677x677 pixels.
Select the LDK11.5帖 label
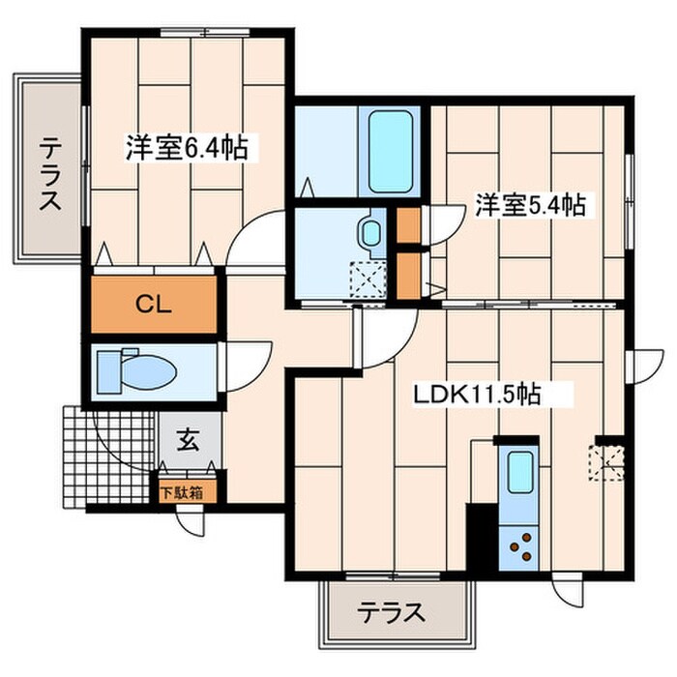(477, 395)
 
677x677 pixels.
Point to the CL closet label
(153, 306)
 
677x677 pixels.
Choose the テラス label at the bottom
(392, 612)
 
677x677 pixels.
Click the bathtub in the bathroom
(390, 151)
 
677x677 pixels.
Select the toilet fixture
(135, 371)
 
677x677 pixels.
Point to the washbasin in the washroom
(369, 233)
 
